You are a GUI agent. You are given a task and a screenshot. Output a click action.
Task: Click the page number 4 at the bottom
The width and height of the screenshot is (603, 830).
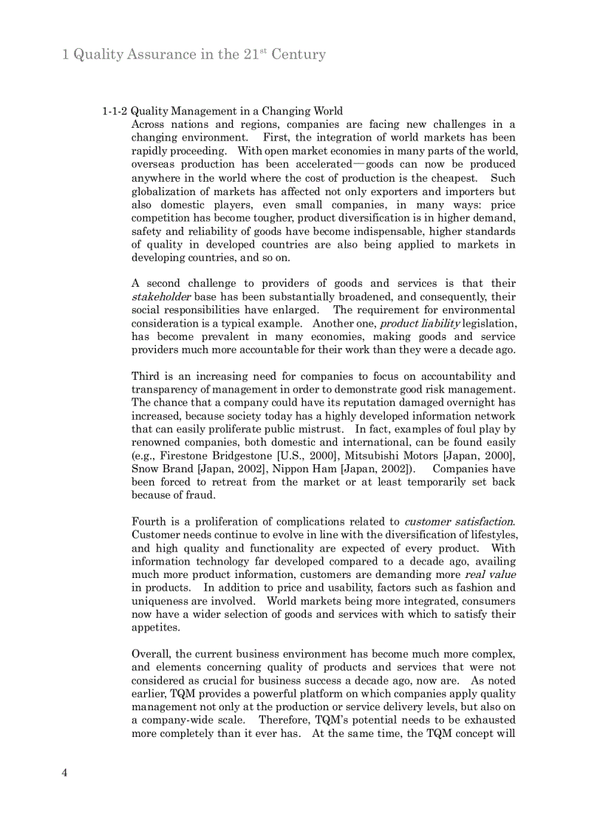point(65,773)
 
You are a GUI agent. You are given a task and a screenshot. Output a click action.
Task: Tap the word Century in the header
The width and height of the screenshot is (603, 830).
point(298,55)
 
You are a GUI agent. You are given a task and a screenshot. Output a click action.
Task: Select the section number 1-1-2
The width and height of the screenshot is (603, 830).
point(115,112)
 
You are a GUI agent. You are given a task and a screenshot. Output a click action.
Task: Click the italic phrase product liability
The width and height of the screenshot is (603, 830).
point(420,324)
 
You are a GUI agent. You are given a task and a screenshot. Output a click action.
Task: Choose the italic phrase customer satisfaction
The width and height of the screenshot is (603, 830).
point(459,522)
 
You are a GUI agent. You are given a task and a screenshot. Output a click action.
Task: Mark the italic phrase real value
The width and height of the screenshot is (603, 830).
point(490,574)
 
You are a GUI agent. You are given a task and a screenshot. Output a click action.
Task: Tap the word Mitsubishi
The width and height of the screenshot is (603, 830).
point(372,455)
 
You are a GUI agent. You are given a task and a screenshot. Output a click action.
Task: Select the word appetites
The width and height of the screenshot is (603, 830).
point(155,627)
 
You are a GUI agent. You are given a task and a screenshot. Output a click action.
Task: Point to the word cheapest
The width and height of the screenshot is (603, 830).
point(456,178)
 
